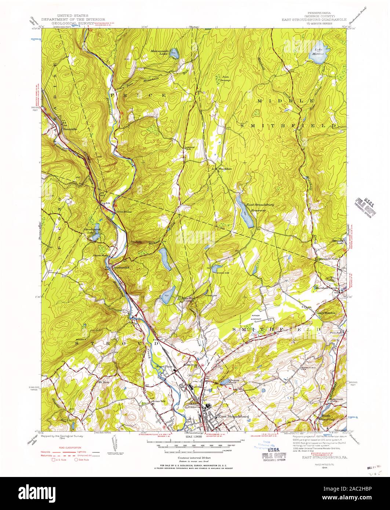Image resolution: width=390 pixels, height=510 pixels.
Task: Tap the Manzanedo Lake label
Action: click(160, 52)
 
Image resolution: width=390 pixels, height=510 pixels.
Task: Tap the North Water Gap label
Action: click(328, 418)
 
